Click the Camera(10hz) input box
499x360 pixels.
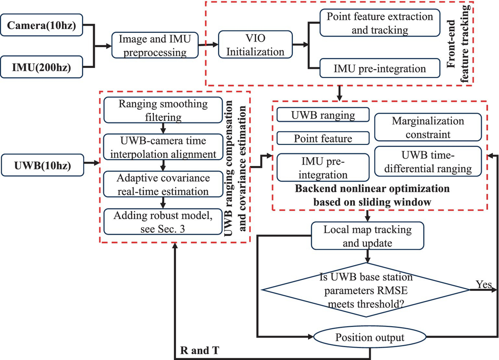point(42,25)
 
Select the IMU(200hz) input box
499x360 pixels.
point(42,67)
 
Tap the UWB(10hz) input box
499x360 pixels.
point(42,165)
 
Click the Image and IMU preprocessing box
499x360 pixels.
point(155,45)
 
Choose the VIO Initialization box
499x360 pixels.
point(255,45)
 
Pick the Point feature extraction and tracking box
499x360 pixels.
point(380,23)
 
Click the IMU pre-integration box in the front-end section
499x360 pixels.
point(380,68)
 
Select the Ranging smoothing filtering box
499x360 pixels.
point(163,110)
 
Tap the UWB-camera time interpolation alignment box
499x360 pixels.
point(163,147)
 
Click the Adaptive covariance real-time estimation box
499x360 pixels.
point(163,184)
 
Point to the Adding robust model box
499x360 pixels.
point(163,222)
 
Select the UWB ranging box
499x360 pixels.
point(323,115)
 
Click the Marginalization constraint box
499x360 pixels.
point(428,127)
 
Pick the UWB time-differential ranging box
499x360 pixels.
point(428,161)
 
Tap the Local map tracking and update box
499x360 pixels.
point(368,236)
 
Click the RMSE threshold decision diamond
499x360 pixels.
point(366,290)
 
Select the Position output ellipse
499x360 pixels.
point(370,337)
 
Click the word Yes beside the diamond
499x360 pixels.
point(484,284)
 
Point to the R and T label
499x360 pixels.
point(200,350)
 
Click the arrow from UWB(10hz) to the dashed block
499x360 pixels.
point(91,163)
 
